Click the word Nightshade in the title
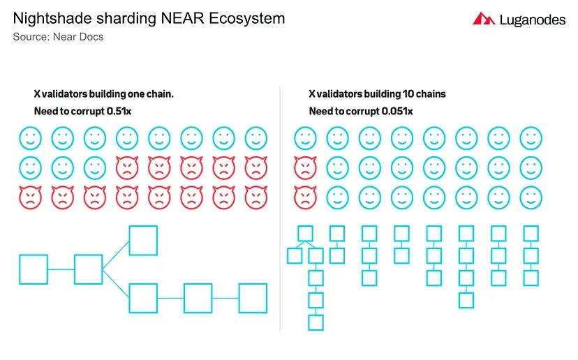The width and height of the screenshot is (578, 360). [x=52, y=18]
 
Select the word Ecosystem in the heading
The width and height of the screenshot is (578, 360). [x=247, y=18]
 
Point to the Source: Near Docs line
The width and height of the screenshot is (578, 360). [x=58, y=37]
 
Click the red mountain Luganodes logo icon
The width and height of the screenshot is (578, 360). [x=484, y=18]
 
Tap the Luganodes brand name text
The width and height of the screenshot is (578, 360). [x=533, y=20]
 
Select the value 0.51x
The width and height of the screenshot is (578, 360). [x=119, y=111]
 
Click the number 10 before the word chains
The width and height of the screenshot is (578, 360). [x=408, y=94]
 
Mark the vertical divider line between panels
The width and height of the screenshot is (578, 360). [x=280, y=209]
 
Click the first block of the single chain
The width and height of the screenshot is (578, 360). [x=34, y=269]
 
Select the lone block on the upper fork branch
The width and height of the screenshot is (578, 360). [x=143, y=241]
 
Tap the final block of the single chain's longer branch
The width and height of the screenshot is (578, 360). [x=253, y=298]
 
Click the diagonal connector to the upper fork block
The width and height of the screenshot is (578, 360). [x=116, y=255]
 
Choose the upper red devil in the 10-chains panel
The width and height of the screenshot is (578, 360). [x=305, y=167]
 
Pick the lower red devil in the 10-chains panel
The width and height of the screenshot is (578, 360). [x=305, y=197]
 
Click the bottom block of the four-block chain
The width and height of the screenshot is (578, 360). [x=466, y=300]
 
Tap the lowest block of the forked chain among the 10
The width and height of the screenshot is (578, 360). [x=316, y=322]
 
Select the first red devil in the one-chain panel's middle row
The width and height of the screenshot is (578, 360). [x=127, y=167]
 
